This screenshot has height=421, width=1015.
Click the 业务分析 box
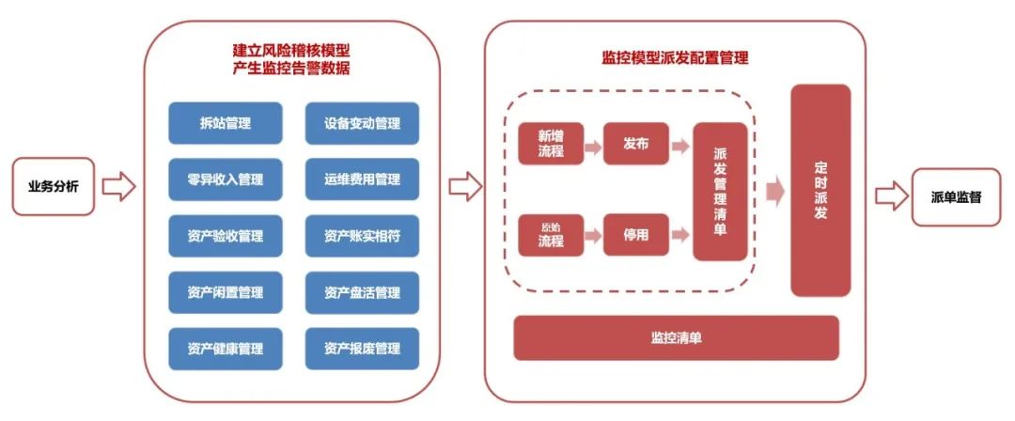pos(54,186)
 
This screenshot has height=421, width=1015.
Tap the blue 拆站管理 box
pos(212,123)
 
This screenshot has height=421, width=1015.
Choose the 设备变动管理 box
pos(362,123)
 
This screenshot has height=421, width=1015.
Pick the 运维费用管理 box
pos(362,179)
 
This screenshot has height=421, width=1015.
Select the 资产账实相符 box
pos(362,236)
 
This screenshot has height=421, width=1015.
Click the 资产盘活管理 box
pos(362,292)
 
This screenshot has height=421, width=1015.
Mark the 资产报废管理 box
pos(362,349)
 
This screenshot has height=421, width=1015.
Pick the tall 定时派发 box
pos(820,191)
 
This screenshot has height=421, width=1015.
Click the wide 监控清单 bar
pos(675,338)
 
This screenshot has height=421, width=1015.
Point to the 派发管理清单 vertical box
pos(720,191)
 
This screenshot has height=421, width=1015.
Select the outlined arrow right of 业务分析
pos(118,186)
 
